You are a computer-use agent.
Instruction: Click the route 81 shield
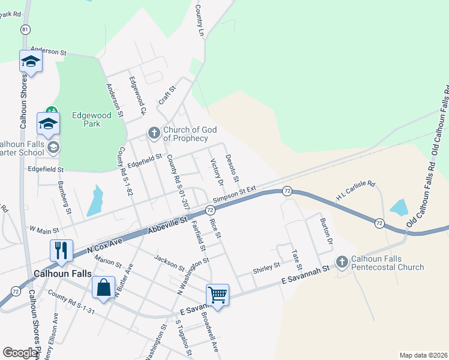pos(25,29)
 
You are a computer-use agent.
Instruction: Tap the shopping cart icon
pos(217,294)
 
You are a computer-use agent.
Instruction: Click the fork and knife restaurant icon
pos(61,250)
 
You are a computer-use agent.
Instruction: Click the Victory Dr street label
pos(217,172)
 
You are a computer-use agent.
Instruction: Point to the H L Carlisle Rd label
pos(355,190)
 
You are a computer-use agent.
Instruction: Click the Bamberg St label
pos(65,197)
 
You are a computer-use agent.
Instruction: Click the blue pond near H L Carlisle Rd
pos(399,208)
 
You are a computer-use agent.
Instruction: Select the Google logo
pos(20,353)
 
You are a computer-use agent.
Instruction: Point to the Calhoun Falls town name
pos(63,273)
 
